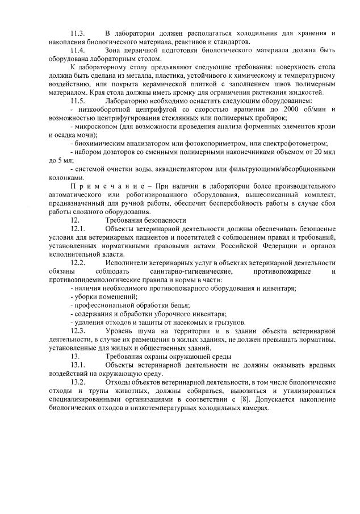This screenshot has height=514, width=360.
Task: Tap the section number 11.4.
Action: (78, 51)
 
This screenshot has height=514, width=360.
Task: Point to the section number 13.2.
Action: (78, 382)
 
